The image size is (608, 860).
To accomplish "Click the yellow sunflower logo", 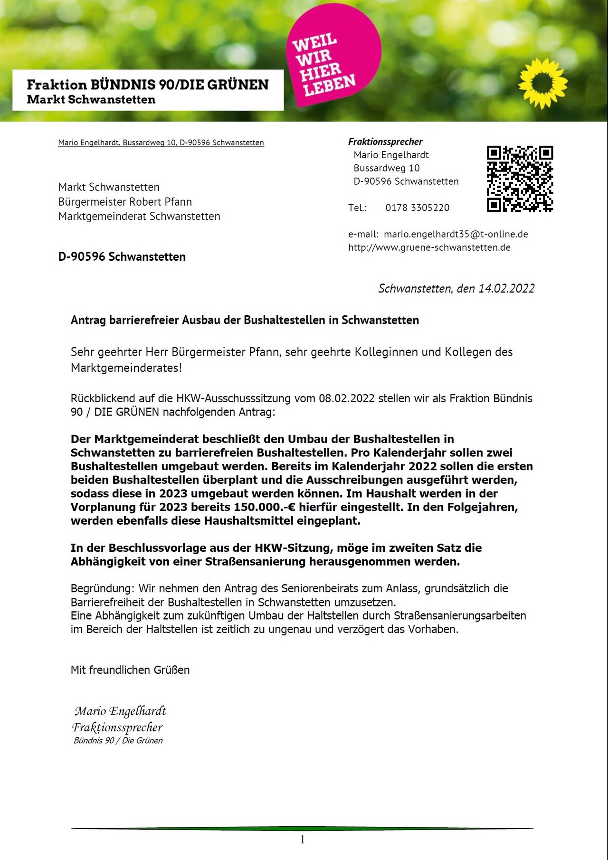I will coord(542,83).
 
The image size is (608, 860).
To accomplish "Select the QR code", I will coord(520,179).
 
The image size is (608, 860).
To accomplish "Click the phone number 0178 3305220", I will coord(417,208).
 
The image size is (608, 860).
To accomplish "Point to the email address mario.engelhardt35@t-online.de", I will coord(456,234).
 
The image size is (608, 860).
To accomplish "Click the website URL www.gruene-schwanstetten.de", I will coord(429,247).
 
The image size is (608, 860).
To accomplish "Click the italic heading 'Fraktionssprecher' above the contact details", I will coord(385,142).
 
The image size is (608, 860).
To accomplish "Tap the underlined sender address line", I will coord(161,142).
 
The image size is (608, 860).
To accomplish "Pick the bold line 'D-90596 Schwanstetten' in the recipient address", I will coord(122,257).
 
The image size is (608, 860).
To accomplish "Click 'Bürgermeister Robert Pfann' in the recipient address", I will coord(125,202).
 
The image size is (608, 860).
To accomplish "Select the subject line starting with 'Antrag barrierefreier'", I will coord(245,320).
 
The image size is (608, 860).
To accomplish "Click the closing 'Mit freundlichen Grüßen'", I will coord(130,670).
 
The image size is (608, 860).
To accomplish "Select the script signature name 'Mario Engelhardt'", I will coord(120,711).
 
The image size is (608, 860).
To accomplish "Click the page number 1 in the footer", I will coord(303,840).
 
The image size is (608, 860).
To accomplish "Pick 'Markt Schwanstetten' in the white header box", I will coord(91,100).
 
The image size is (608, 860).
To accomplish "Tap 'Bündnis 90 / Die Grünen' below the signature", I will coord(118,741).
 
